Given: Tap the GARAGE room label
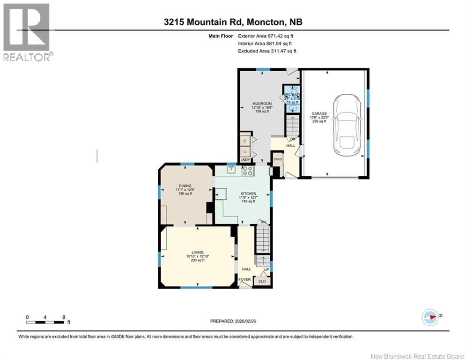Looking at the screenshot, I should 319,113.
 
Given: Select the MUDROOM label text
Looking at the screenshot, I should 262,104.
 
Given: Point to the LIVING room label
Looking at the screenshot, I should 197,253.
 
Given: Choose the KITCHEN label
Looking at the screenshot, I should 248,193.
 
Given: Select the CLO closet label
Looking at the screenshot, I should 262,281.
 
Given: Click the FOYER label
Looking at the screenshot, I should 245,280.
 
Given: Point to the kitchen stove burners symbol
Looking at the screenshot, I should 247,171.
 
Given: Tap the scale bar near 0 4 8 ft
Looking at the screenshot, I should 45,322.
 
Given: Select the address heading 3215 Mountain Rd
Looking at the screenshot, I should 232,22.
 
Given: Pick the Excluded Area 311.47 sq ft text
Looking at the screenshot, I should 267,51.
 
